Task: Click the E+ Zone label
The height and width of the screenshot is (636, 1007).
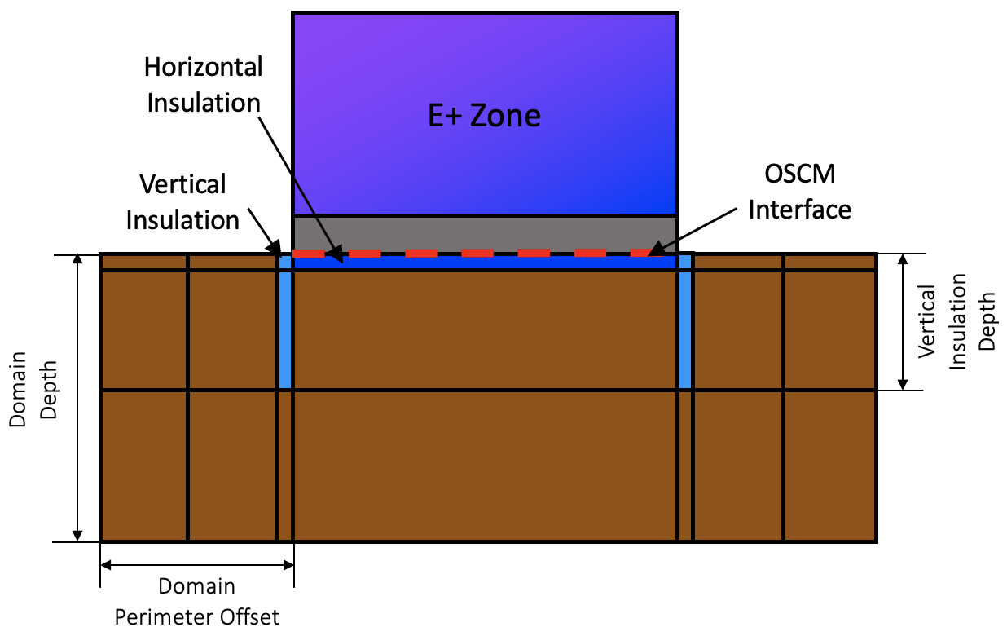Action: pyautogui.click(x=484, y=116)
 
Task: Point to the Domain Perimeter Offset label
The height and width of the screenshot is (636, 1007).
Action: pyautogui.click(x=196, y=601)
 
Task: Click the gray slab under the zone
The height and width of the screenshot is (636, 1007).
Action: pyautogui.click(x=484, y=233)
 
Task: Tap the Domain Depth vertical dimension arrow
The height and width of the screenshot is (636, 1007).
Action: pyautogui.click(x=78, y=398)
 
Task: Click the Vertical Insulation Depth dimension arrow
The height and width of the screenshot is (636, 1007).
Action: pyautogui.click(x=903, y=321)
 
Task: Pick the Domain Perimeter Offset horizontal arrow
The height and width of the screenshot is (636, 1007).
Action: pyautogui.click(x=196, y=563)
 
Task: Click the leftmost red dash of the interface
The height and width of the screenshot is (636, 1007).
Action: pyautogui.click(x=309, y=253)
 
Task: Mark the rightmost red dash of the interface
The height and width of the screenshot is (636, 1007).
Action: pyautogui.click(x=641, y=253)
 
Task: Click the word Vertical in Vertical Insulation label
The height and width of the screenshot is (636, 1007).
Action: pyautogui.click(x=182, y=184)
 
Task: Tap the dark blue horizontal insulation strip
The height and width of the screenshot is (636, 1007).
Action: pyautogui.click(x=484, y=263)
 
